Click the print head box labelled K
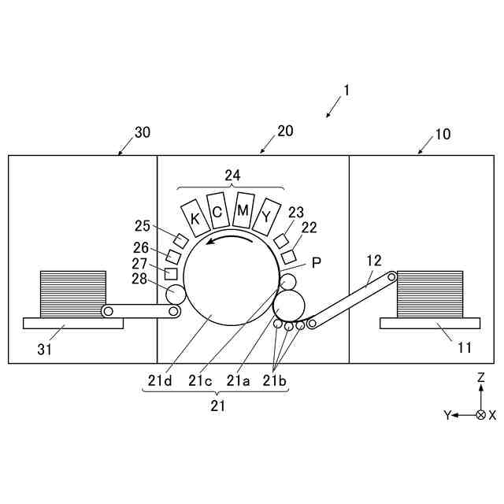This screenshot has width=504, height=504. point(194,217)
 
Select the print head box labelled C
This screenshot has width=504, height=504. point(217,211)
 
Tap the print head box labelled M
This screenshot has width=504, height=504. point(243,210)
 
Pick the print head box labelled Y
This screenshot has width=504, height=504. point(268,215)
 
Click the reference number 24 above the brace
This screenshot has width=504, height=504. point(232,176)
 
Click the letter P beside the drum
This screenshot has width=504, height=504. point(316,263)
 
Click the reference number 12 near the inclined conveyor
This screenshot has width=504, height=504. point(373,260)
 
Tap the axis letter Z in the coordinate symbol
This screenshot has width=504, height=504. point(480,378)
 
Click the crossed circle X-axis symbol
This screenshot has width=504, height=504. point(480,413)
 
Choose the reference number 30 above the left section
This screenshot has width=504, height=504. point(142,132)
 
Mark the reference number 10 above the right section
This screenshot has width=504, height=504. point(443,134)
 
